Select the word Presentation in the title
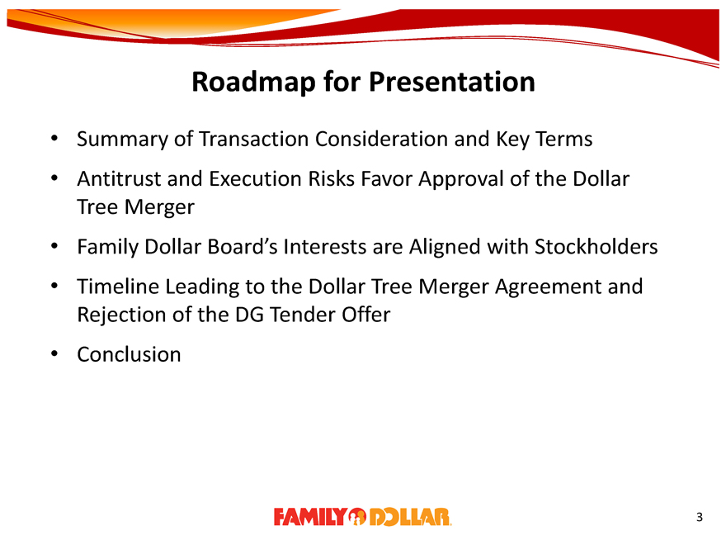click(x=452, y=82)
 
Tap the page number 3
click(x=699, y=517)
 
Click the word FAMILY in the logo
click(x=310, y=517)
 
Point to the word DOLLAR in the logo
click(x=410, y=517)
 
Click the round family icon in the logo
click(x=357, y=517)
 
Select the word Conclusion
click(x=129, y=354)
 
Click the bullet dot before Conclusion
click(x=54, y=354)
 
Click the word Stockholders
click(x=596, y=247)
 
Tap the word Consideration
click(x=381, y=139)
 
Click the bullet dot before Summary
click(x=54, y=139)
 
